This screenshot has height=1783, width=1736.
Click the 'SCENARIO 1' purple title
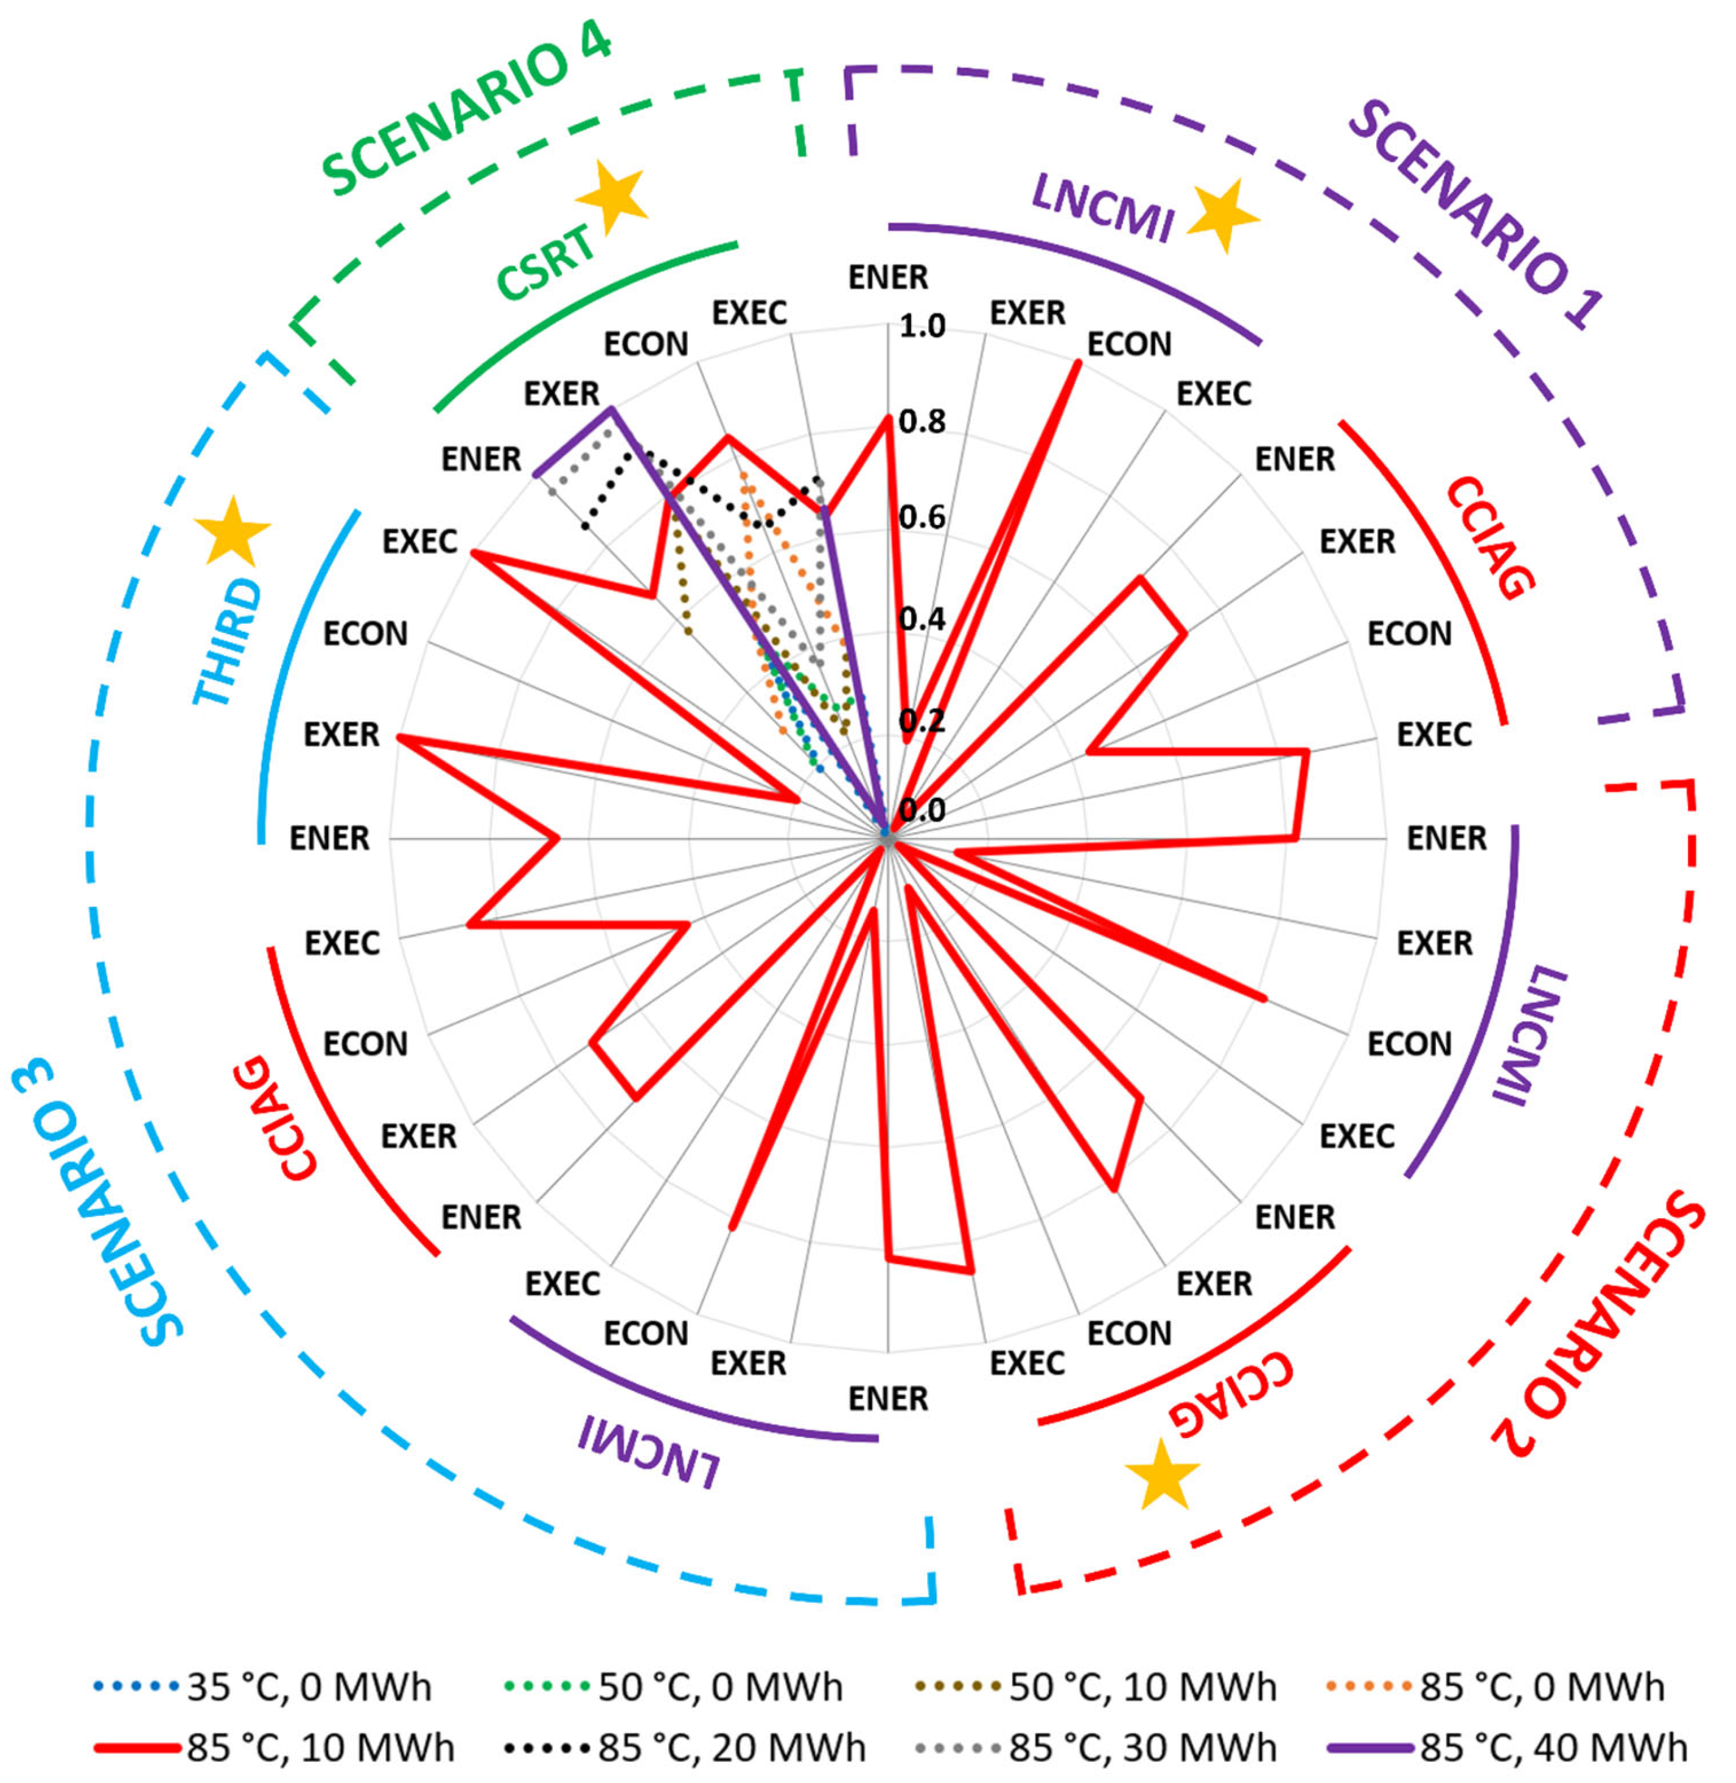point(1477,214)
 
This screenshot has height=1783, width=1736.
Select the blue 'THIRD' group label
point(228,643)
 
